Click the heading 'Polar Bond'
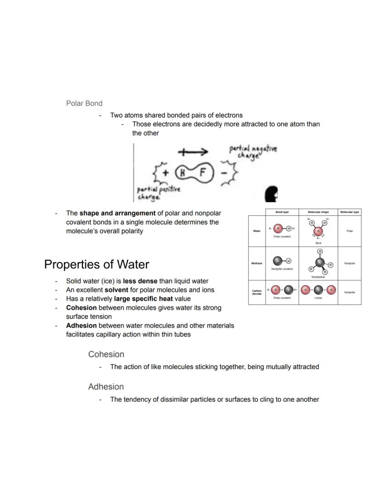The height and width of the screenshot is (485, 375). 84,103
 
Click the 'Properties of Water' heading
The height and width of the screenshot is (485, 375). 96,264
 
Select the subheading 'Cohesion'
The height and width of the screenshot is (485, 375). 106,354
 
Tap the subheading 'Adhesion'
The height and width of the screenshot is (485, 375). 106,387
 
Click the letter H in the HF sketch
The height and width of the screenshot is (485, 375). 182,173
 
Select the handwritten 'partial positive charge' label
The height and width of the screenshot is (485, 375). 158,192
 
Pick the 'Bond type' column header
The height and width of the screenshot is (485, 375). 282,212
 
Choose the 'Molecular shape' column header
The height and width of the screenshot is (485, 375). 318,212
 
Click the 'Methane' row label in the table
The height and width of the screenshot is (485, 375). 257,263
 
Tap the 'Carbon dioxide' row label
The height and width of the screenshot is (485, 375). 257,292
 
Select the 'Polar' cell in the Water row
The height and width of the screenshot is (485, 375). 349,231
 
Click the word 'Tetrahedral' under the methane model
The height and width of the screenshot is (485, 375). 318,277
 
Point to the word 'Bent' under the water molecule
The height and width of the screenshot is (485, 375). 318,243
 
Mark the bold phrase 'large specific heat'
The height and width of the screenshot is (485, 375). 143,299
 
